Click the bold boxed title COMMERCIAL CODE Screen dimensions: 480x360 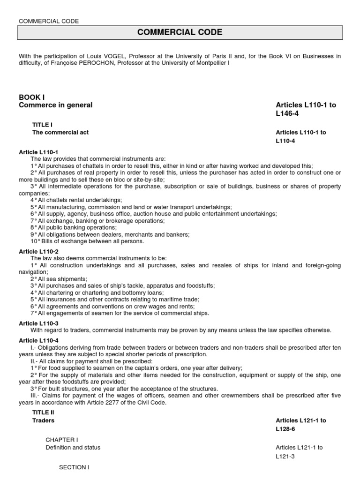tap(180, 32)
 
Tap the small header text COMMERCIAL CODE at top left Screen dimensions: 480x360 tap(49, 21)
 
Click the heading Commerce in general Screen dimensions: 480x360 tap(56, 105)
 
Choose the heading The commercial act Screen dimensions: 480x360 tap(60, 132)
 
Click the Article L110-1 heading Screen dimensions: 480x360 tap(38, 152)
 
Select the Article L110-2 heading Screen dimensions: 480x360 tap(38, 251)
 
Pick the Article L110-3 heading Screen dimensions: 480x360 tap(38, 323)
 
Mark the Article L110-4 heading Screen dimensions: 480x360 tap(38, 340)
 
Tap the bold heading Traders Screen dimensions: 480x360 tap(43, 420)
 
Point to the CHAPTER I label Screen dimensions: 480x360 tap(62, 440)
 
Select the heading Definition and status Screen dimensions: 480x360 tap(73, 448)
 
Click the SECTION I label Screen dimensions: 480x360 tap(74, 467)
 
